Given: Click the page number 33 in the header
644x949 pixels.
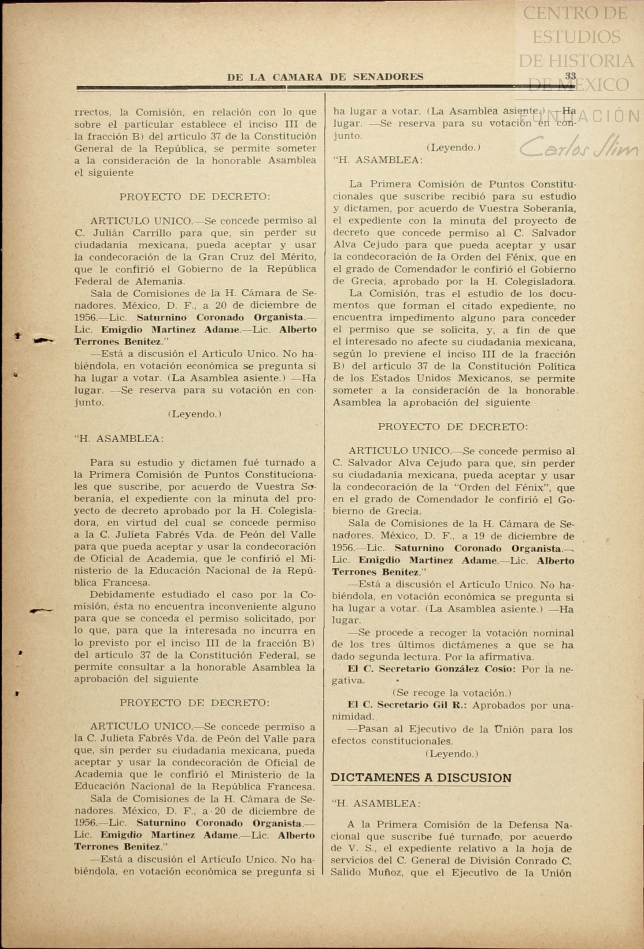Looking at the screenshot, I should pyautogui.click(x=570, y=76).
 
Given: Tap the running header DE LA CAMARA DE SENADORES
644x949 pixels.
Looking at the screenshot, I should pyautogui.click(x=325, y=77).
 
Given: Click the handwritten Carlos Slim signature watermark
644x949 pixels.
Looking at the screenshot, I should pyautogui.click(x=578, y=148).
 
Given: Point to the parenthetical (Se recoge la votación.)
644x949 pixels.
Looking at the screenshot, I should pyautogui.click(x=452, y=693).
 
